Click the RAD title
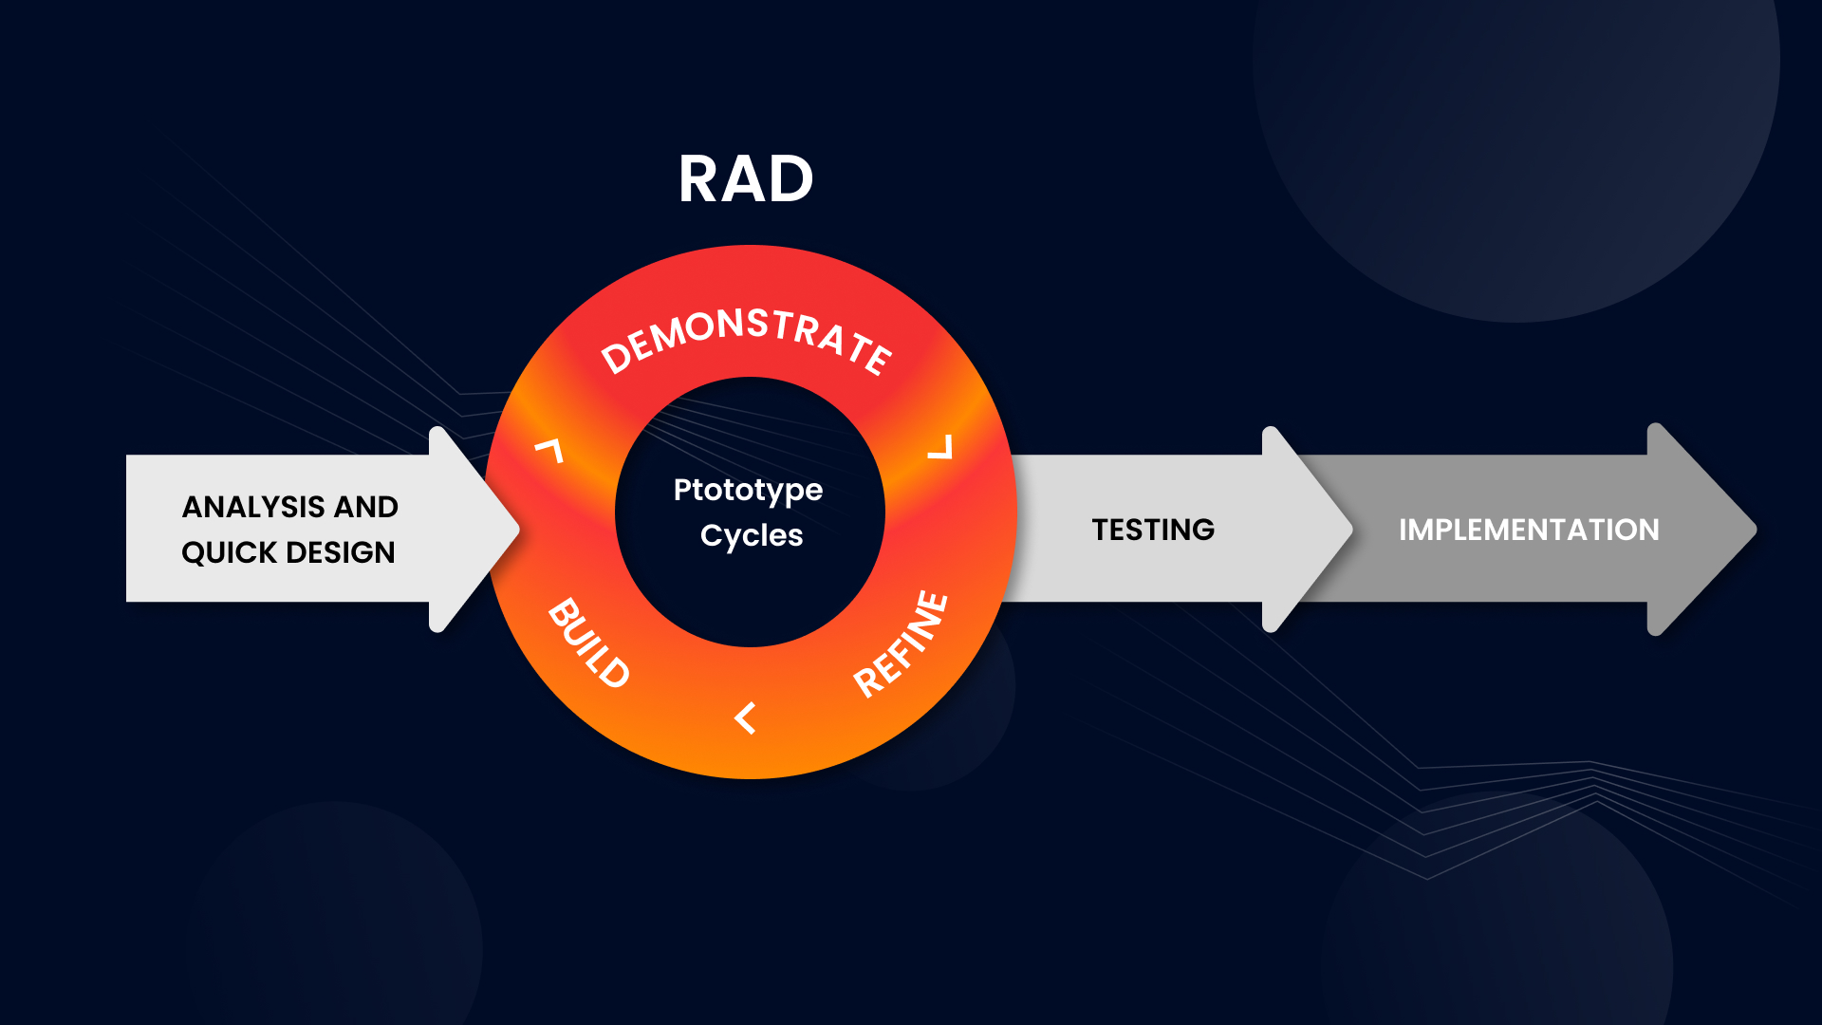[x=746, y=178]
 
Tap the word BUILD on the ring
[x=589, y=643]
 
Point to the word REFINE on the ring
[x=901, y=643]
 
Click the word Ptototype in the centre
[x=748, y=491]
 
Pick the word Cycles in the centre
[x=752, y=535]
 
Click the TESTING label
[x=1153, y=530]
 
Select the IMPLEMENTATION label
[x=1529, y=530]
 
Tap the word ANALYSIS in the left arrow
[x=253, y=507]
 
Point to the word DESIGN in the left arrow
[x=341, y=552]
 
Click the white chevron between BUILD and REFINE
[x=746, y=717]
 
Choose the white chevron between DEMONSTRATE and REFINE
[x=939, y=447]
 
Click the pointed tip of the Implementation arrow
[x=1756, y=530]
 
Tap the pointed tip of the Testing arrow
[x=1351, y=530]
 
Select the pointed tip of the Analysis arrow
[x=518, y=530]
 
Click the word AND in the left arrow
[x=365, y=507]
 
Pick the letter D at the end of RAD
[x=791, y=178]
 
